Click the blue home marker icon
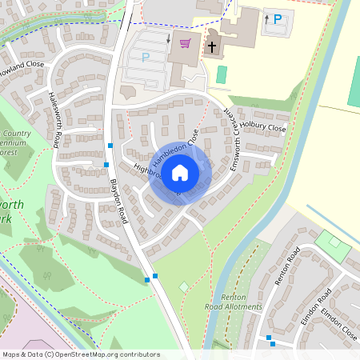click(180, 171)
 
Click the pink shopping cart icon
click(186, 43)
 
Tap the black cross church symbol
click(212, 47)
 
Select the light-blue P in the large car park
click(146, 57)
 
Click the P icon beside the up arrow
click(278, 18)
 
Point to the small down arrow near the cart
click(169, 38)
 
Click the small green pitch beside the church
click(222, 74)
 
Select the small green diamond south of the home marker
click(184, 286)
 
